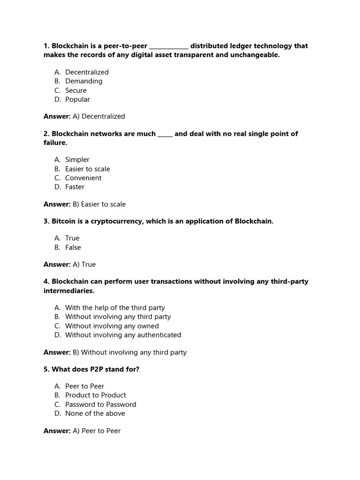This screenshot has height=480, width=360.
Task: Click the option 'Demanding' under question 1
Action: [x=83, y=81]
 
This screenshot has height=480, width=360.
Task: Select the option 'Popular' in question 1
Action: [x=77, y=99]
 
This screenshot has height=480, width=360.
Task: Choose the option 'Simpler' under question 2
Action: [x=77, y=160]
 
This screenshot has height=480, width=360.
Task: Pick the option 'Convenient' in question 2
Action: [x=83, y=178]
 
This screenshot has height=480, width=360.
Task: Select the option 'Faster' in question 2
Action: [x=75, y=187]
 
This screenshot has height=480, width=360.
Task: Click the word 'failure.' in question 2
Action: [x=55, y=142]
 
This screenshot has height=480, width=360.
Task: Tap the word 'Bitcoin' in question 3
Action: [x=65, y=221]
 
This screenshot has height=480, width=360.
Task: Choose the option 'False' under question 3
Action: [x=73, y=247]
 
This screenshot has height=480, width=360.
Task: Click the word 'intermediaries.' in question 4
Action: [x=69, y=291]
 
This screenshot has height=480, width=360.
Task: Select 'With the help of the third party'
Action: [x=115, y=308]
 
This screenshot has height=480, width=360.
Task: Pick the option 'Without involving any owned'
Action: [x=112, y=326]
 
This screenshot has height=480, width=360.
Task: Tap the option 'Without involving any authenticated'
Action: [x=123, y=335]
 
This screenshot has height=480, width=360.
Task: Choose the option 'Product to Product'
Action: [x=95, y=395]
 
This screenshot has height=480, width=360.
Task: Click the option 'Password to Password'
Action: [x=100, y=405]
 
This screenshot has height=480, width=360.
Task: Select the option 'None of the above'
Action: [x=95, y=413]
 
